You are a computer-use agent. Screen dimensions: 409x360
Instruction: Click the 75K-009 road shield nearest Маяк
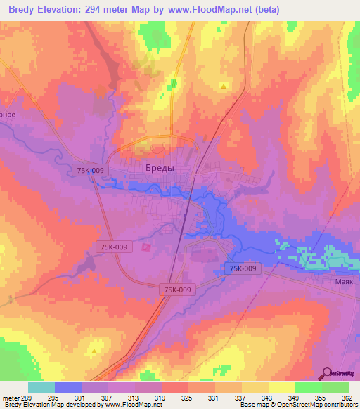click(243, 268)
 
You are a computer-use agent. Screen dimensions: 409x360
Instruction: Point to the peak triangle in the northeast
click(224, 86)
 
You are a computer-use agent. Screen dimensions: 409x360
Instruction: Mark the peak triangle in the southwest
click(94, 349)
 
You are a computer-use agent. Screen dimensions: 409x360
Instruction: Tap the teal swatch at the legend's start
click(41, 387)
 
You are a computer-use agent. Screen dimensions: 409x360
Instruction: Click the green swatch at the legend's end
click(335, 387)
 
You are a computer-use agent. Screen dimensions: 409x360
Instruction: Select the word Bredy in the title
click(21, 10)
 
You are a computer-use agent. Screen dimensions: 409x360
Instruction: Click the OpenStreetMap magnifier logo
click(328, 373)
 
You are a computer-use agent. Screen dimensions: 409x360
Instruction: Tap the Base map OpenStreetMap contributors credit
click(297, 405)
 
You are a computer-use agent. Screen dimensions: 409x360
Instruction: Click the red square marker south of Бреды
click(146, 247)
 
